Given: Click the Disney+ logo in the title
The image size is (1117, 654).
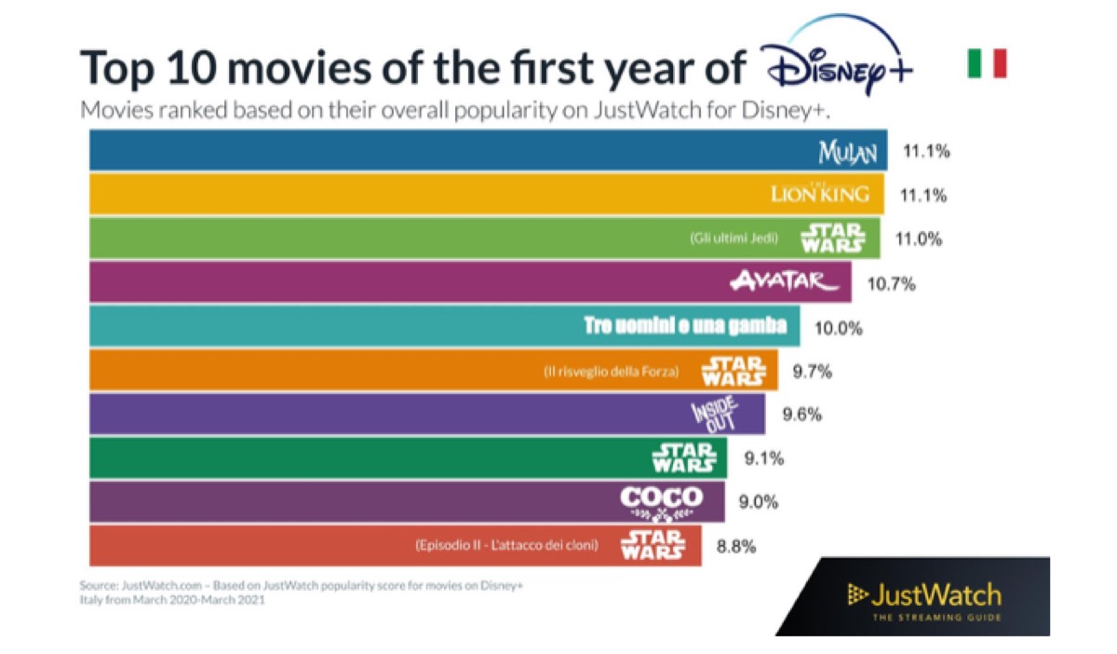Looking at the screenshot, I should (836, 63).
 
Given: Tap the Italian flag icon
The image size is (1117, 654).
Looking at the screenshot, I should (987, 64).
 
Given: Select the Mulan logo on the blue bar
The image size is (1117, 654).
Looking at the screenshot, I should (847, 152).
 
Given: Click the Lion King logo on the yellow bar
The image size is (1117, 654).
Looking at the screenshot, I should (821, 194).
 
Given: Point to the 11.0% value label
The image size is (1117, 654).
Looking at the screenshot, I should (919, 238).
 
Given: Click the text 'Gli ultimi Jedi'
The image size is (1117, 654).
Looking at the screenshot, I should (733, 238).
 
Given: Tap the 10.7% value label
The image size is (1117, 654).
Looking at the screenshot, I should (890, 283).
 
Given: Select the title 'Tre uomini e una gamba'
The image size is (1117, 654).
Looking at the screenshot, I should (685, 326).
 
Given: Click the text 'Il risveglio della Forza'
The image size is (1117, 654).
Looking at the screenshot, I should (612, 371).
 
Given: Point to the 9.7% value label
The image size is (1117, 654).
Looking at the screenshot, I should (812, 371).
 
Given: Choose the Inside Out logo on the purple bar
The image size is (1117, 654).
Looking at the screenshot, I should (714, 414).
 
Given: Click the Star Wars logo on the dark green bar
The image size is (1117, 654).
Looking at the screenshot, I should (684, 457).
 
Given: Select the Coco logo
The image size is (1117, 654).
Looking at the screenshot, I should (662, 502).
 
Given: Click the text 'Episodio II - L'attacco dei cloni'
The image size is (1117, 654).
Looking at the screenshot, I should (506, 545).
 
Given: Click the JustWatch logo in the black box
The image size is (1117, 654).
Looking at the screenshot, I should (923, 597).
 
